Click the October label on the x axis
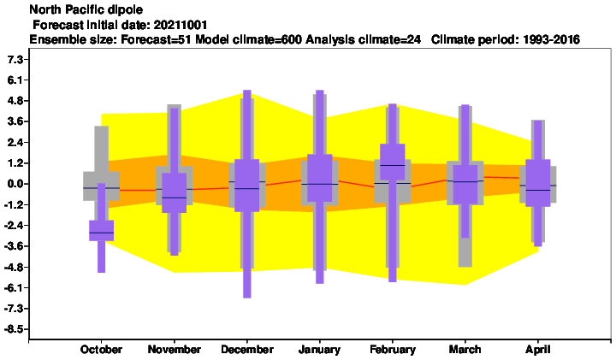tap(101, 350)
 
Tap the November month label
tap(174, 350)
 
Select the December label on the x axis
tap(247, 350)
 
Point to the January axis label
tap(319, 350)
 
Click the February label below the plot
tap(393, 350)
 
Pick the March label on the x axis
tap(465, 350)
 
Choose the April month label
tap(538, 350)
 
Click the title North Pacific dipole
tap(86, 9)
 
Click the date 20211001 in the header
tap(181, 25)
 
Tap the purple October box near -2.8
tap(101, 230)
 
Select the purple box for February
tap(393, 162)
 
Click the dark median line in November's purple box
tap(174, 198)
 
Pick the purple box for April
tap(538, 183)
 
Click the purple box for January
tap(319, 178)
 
